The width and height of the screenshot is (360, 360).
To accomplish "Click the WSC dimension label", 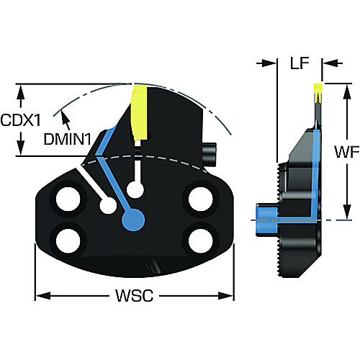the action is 135,295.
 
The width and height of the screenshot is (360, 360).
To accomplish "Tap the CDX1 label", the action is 21,120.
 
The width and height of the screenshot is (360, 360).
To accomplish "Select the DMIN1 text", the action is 68,139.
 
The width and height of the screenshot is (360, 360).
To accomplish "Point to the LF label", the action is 300,63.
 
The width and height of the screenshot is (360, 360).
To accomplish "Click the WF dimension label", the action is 347,152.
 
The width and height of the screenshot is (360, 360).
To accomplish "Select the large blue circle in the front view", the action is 133,220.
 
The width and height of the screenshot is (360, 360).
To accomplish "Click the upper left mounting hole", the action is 68,199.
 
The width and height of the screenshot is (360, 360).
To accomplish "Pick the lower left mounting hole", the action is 68,240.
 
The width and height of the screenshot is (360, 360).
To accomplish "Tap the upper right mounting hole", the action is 201,199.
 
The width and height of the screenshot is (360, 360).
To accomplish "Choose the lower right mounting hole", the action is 201,240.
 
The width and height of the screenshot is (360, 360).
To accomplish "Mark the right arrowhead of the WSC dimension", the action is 226,295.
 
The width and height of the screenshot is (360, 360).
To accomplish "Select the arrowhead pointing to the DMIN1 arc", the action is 64,115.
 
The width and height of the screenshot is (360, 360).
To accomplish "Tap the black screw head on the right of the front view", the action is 210,154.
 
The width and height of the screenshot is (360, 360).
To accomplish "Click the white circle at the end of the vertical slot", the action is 135,190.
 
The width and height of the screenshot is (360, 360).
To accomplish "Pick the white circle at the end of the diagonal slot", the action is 108,206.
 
